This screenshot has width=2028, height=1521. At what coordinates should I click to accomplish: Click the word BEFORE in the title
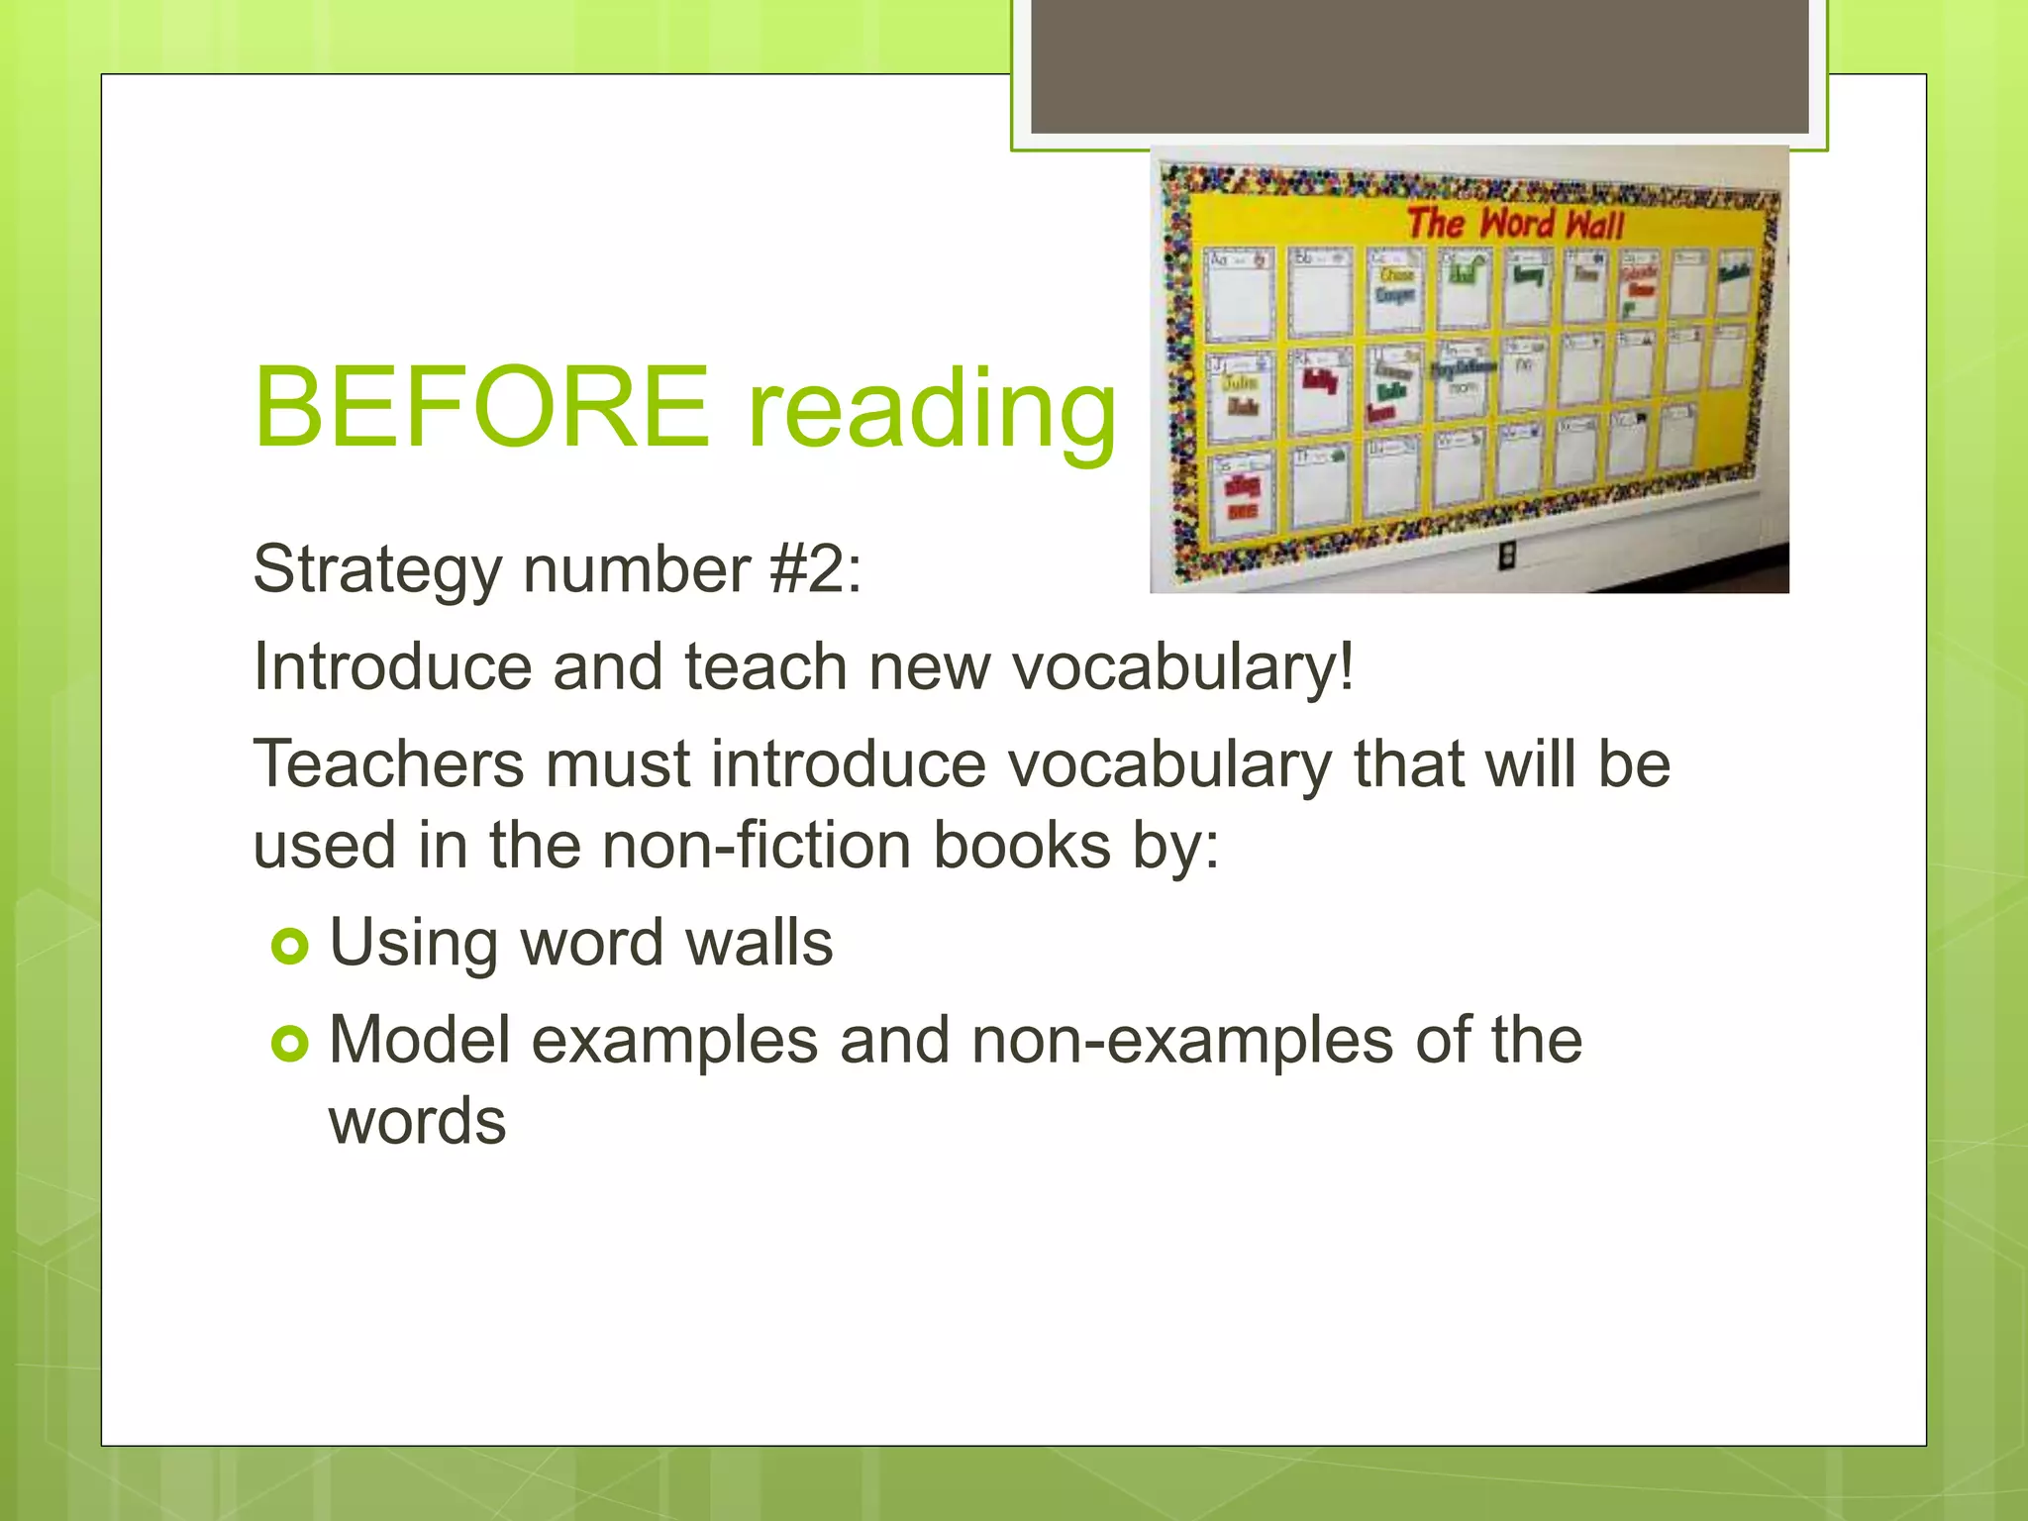482,407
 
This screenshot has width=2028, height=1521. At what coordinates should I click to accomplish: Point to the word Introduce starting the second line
392,666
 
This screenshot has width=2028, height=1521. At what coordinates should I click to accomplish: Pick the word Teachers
388,764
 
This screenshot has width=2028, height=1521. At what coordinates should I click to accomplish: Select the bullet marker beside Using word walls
290,947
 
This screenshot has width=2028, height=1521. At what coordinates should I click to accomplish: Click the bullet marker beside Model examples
290,1044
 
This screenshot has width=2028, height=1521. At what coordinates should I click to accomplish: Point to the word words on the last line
417,1122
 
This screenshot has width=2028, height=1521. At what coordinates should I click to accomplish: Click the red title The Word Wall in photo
1515,224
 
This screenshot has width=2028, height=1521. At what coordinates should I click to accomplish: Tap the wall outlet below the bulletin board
1506,557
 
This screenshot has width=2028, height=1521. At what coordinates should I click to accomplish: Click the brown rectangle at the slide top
1419,65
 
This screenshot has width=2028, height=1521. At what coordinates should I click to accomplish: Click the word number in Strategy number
636,570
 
